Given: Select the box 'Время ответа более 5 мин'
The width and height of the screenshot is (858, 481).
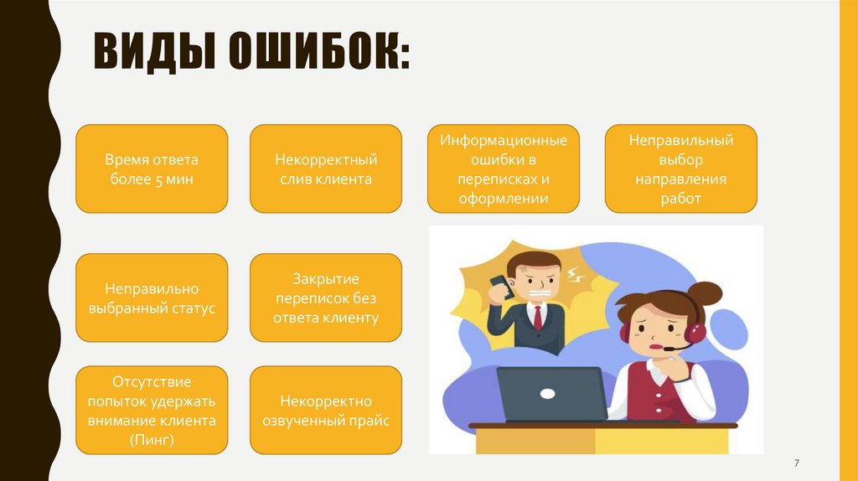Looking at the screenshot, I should point(152,168).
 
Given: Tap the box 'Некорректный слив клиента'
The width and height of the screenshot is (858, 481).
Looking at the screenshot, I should point(326,168).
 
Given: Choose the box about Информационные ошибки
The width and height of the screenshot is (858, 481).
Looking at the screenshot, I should point(504,168).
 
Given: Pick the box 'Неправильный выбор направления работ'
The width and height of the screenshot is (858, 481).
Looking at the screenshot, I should point(680,168).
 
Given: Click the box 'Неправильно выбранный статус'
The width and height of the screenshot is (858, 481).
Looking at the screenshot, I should point(152,297).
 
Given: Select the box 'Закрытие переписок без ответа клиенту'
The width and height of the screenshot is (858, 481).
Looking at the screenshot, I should point(326,297).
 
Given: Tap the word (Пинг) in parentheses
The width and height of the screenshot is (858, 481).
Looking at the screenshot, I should point(152,439).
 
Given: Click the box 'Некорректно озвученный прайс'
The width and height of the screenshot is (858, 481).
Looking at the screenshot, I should point(326,411).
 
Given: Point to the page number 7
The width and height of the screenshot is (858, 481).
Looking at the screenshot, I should point(796,463).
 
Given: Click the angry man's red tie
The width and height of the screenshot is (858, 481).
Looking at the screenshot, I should point(536,318).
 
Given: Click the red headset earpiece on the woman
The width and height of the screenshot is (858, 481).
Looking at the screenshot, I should point(625,333).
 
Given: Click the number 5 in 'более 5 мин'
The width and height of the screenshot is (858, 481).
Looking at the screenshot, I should point(157,179).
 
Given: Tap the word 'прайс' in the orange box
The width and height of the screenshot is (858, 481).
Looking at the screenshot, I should point(372,422).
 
